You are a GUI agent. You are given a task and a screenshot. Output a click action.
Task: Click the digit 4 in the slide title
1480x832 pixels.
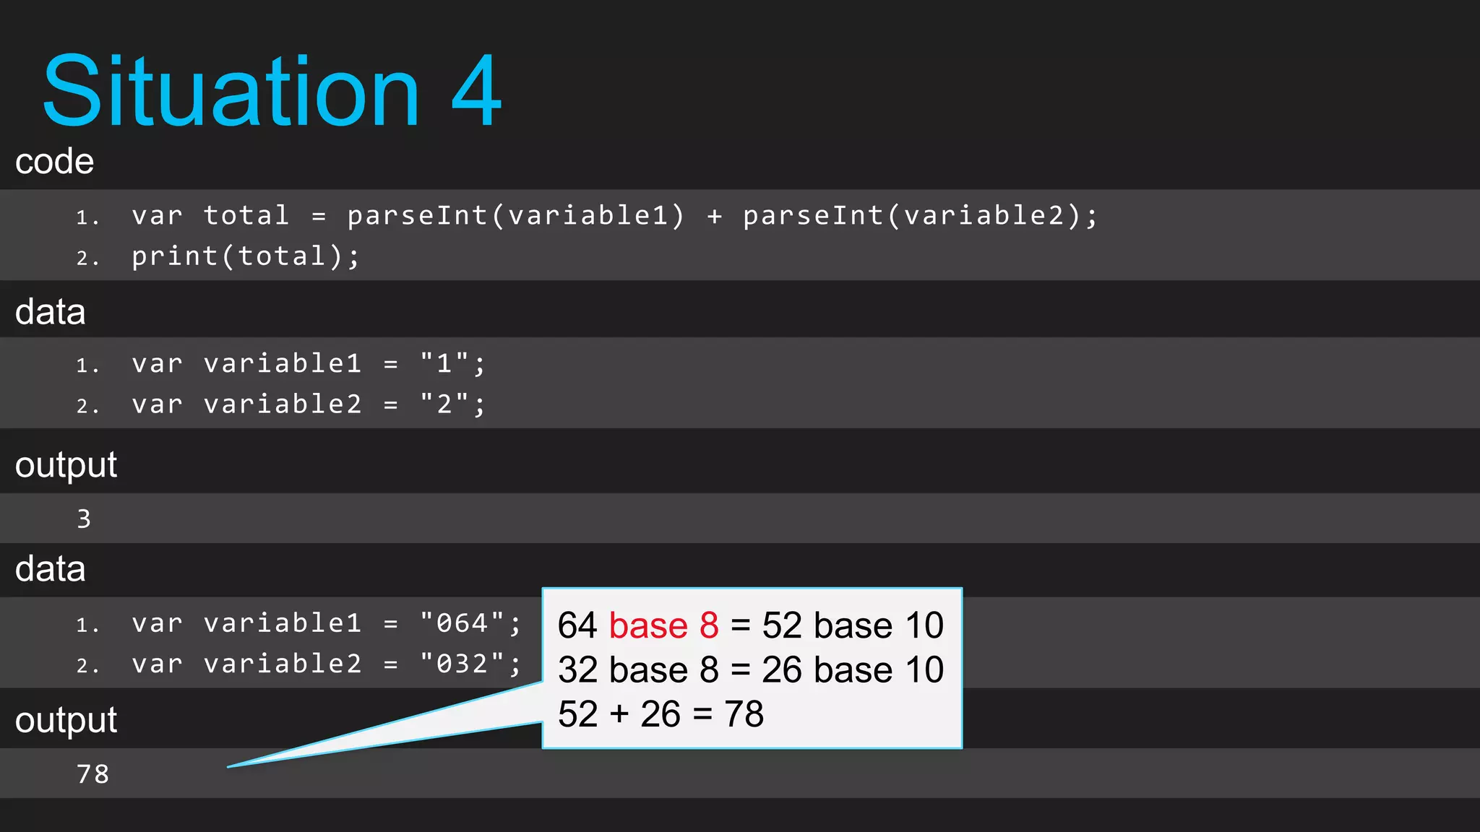(x=476, y=92)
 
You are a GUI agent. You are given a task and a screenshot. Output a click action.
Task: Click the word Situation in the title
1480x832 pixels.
(x=231, y=92)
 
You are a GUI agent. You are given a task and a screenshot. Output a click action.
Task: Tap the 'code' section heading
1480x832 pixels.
(x=55, y=161)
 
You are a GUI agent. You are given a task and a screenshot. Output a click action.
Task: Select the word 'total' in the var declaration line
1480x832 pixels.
(x=246, y=215)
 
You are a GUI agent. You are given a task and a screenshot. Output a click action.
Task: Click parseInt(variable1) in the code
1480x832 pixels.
(x=515, y=215)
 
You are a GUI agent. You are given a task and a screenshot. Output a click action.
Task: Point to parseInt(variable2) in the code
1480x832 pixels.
(x=912, y=215)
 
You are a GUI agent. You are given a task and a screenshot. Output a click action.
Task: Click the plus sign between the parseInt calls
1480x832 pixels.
(x=714, y=215)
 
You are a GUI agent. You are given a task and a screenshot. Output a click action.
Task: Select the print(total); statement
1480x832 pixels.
(x=245, y=256)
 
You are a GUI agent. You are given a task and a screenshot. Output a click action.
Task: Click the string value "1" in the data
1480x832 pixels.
(x=444, y=363)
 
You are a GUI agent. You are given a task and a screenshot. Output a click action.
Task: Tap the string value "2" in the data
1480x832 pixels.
(x=444, y=404)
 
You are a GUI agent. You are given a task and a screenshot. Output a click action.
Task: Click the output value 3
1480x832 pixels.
(x=84, y=519)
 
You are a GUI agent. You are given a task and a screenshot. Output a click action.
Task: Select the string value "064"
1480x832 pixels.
(x=462, y=623)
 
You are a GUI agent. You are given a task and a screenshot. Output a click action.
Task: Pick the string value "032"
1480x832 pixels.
(x=462, y=664)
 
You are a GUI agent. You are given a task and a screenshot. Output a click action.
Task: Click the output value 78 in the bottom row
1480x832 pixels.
(x=92, y=774)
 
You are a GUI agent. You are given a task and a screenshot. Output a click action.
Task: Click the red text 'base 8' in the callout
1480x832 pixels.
(x=663, y=625)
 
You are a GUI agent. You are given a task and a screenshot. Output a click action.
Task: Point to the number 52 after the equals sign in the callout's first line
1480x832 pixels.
(x=781, y=625)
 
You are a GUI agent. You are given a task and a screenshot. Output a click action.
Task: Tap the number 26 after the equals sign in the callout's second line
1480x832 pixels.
(x=781, y=670)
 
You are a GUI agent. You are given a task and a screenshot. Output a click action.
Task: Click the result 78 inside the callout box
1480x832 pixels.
(x=744, y=714)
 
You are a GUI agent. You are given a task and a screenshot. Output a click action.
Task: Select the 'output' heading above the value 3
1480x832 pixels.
(x=66, y=464)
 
